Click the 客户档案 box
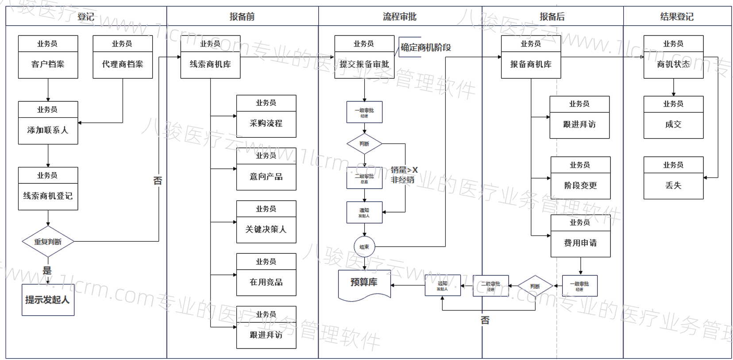[x=48, y=64]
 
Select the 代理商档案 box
[x=123, y=64]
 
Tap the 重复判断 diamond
[x=48, y=242]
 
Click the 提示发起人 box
[x=48, y=300]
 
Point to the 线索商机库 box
[x=210, y=64]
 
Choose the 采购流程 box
[x=266, y=124]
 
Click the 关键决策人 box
[x=266, y=229]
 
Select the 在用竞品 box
[x=266, y=282]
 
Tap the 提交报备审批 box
[x=364, y=64]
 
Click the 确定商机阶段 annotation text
[x=425, y=47]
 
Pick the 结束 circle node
[x=364, y=247]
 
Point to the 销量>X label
[x=404, y=170]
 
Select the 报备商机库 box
[x=531, y=64]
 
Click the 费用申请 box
[x=580, y=243]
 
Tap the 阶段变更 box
[x=580, y=186]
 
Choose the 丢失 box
[x=673, y=186]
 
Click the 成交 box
[x=673, y=124]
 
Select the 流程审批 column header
[x=400, y=17]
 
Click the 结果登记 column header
[x=677, y=17]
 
